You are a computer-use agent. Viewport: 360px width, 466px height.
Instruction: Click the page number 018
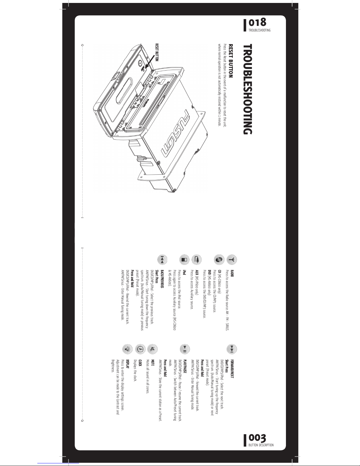[x=257, y=23]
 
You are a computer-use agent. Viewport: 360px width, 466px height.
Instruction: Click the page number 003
[x=257, y=438]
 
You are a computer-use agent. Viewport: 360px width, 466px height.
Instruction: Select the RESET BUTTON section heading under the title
[x=231, y=61]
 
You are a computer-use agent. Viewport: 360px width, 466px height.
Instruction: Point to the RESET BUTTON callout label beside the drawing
[x=157, y=53]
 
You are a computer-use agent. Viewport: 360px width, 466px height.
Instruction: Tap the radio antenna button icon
[x=232, y=260]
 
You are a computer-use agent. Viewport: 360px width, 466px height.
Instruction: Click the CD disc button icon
[x=219, y=260]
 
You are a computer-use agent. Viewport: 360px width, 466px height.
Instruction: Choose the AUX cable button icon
[x=197, y=260]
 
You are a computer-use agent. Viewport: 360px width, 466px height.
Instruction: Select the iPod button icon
[x=184, y=260]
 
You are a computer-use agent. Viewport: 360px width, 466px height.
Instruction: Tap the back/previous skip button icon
[x=162, y=260]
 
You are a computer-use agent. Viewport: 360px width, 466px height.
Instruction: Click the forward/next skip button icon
[x=232, y=349]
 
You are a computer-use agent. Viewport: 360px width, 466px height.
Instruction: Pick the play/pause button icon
[x=185, y=349]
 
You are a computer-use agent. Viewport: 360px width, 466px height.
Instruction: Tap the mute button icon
[x=152, y=349]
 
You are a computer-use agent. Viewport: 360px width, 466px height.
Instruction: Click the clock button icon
[x=140, y=349]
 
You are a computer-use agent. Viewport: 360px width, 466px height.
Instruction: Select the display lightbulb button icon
[x=128, y=349]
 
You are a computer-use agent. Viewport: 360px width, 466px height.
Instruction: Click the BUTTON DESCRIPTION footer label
[x=261, y=445]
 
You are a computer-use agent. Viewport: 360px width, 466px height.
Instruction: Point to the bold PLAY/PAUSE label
[x=185, y=367]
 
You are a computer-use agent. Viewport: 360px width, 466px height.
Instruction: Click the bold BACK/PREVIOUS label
[x=162, y=279]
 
